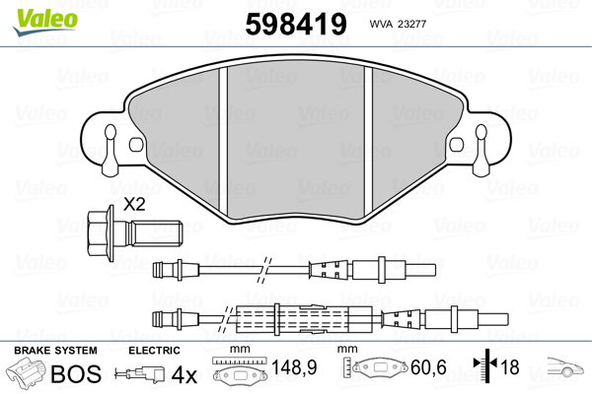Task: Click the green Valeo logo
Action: [45, 22]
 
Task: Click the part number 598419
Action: [296, 24]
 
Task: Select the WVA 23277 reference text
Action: [398, 24]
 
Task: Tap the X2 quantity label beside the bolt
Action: [135, 205]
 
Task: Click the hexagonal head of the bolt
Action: [99, 233]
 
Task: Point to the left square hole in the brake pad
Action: [136, 145]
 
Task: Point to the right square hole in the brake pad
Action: [457, 145]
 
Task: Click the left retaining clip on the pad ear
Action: [111, 150]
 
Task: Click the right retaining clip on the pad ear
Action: [481, 150]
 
